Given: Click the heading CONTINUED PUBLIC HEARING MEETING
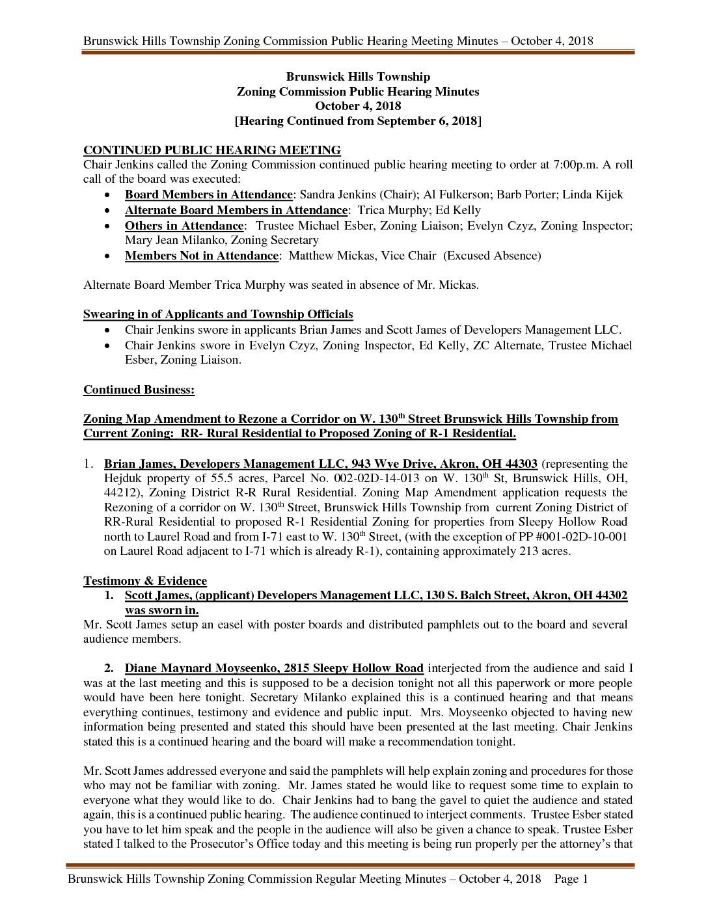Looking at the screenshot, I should (x=211, y=150).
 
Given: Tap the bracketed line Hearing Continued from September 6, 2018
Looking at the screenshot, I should (x=358, y=121).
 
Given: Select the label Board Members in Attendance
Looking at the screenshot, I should (x=208, y=195).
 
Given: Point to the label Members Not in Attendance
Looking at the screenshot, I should (x=202, y=256).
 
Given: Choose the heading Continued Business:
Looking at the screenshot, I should (x=139, y=390).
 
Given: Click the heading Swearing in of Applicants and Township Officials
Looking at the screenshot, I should (x=218, y=315).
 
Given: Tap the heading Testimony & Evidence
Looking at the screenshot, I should (x=145, y=581).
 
